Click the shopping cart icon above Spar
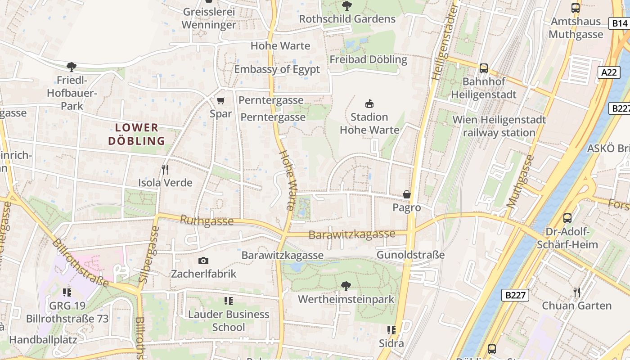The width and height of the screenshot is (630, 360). (220, 100)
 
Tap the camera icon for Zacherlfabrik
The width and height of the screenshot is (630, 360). (203, 261)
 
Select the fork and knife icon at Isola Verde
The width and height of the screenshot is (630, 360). (165, 170)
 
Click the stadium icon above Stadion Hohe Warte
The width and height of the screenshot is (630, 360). (369, 104)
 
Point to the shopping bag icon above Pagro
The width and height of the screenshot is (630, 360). (407, 194)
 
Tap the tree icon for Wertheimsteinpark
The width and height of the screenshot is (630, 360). (346, 286)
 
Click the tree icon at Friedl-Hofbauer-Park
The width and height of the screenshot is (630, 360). (71, 67)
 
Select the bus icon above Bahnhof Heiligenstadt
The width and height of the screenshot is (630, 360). (484, 68)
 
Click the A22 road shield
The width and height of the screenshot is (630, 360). (609, 72)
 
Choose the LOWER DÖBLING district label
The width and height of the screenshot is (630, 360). (137, 134)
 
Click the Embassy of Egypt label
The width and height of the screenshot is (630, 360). (277, 69)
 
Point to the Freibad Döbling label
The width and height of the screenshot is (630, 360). (368, 59)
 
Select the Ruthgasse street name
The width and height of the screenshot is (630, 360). (207, 220)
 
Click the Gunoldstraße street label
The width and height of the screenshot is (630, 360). (410, 255)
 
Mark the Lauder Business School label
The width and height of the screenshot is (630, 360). (229, 320)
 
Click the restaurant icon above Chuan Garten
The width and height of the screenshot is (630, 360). (577, 292)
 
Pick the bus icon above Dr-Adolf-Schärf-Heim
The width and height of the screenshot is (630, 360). (567, 218)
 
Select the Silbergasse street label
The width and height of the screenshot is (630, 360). (148, 254)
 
